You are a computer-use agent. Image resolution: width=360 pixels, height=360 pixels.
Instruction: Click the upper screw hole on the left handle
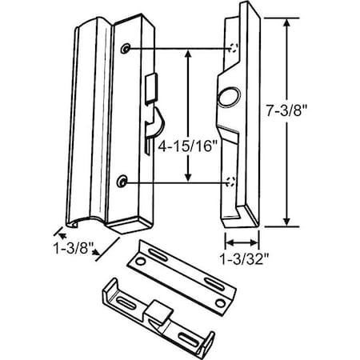click(126, 50)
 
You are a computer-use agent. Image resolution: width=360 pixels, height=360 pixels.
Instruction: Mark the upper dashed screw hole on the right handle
click(231, 48)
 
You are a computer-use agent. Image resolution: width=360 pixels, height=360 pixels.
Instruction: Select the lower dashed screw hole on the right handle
click(231, 180)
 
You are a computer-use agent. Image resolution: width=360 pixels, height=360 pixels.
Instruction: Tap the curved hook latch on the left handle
click(158, 123)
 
